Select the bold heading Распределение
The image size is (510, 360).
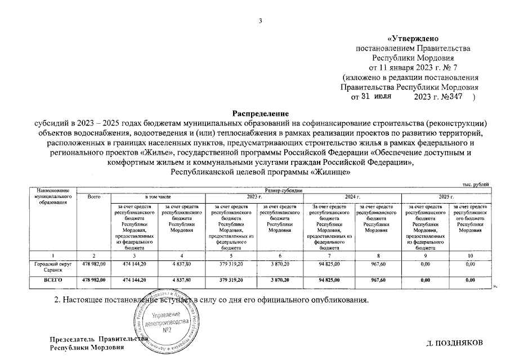256,114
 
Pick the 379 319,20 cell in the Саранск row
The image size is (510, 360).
231,263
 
